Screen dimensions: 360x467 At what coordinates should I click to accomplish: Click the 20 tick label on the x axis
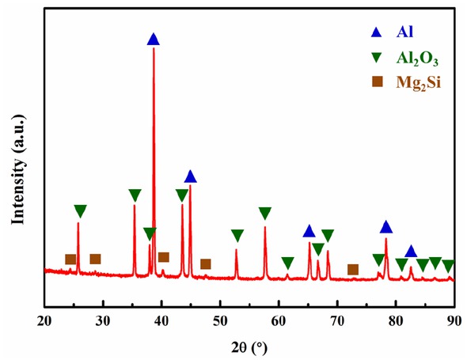[44, 319]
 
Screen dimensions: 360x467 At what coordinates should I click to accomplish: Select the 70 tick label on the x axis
[337, 319]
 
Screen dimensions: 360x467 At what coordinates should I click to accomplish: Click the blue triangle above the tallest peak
[154, 39]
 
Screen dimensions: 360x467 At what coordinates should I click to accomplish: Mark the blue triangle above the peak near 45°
[190, 176]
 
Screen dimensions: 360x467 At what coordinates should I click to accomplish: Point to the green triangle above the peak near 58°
[265, 214]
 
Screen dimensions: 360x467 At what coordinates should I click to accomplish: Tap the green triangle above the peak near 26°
[80, 211]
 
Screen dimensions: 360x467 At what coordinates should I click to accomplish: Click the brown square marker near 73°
[353, 270]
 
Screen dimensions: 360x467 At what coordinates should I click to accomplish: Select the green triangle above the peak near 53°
[237, 236]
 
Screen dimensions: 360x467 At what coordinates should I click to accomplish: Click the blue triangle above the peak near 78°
[386, 228]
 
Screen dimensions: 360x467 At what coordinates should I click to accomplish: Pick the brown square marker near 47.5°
[206, 264]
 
